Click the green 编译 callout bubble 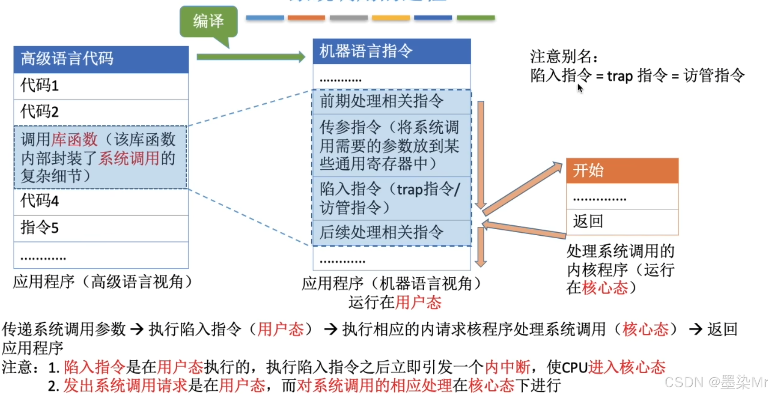coord(209,21)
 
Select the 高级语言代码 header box coord(101,59)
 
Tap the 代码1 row coord(101,86)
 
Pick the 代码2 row coord(101,112)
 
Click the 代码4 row coord(101,201)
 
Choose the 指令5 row coord(101,228)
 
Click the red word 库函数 coord(74,140)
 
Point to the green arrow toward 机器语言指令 coord(251,57)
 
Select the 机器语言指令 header coord(392,51)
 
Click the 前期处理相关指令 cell coord(392,102)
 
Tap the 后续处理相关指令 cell coord(392,233)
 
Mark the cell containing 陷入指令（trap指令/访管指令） coord(392,198)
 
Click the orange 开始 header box coord(622,171)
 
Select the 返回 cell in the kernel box coord(622,222)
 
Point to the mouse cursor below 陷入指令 coord(580,88)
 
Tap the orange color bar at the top coord(306,18)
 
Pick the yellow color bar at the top coord(391,18)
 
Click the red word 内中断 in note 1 coord(507,367)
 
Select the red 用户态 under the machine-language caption coord(418,303)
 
